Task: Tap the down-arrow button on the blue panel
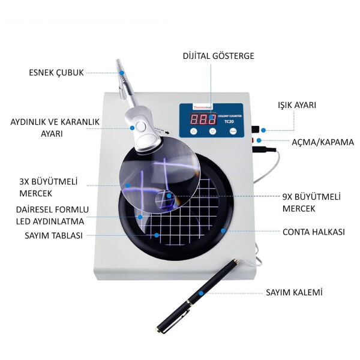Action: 212,131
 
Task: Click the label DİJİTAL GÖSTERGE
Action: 219,56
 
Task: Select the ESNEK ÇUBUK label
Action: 57,73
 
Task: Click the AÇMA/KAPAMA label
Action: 322,142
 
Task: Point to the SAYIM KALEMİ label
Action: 294,292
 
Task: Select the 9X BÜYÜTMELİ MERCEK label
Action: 311,202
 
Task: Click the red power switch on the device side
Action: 254,141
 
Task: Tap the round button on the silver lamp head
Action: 140,126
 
